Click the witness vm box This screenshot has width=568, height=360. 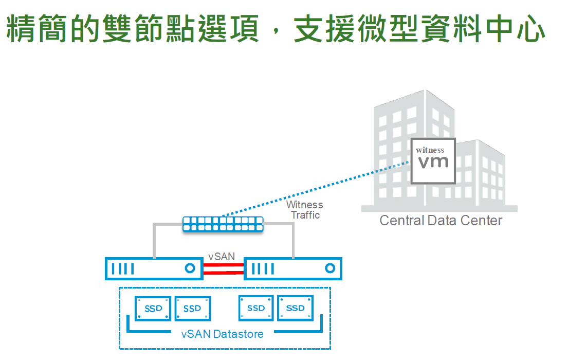tap(433, 161)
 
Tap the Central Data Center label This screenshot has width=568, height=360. tap(441, 221)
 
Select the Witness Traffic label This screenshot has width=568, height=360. tap(305, 210)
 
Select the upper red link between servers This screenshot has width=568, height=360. tap(223, 265)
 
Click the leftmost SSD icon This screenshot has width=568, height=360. tap(153, 309)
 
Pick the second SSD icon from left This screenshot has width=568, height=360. tap(192, 309)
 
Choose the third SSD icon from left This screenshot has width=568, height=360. tap(256, 308)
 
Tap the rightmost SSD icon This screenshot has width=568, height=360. tap(295, 308)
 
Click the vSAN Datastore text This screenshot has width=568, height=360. tap(222, 334)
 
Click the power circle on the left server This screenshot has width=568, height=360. tap(190, 268)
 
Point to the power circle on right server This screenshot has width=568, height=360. tap(330, 268)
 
